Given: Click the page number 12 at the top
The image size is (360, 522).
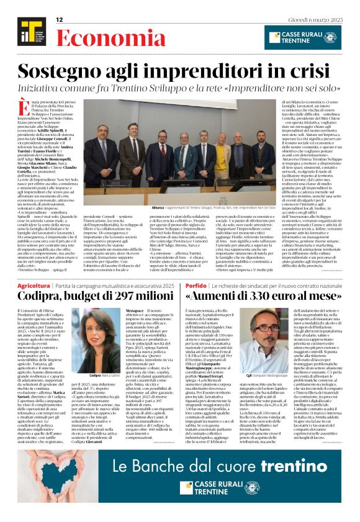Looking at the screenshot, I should coord(60,20).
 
